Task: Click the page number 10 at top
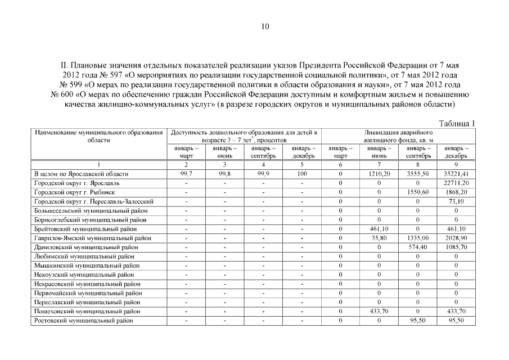(x=265, y=26)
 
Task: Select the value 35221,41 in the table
(x=456, y=174)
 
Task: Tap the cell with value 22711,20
(x=456, y=183)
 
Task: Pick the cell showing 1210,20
(x=380, y=174)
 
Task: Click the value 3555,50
(x=418, y=174)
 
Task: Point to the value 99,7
(x=186, y=174)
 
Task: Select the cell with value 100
(x=301, y=174)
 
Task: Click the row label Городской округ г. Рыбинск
(x=76, y=192)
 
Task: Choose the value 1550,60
(x=418, y=192)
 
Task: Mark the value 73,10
(x=456, y=201)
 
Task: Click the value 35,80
(x=380, y=238)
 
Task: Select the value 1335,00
(x=418, y=238)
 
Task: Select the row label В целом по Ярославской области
(x=82, y=174)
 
